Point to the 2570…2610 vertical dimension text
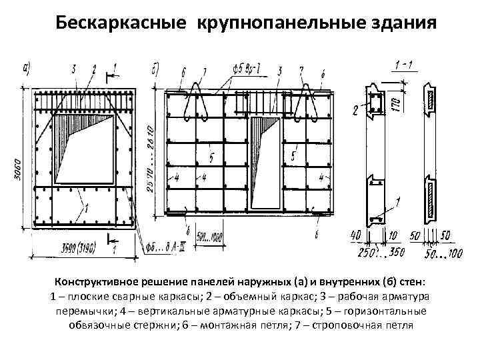[x=152, y=157]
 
